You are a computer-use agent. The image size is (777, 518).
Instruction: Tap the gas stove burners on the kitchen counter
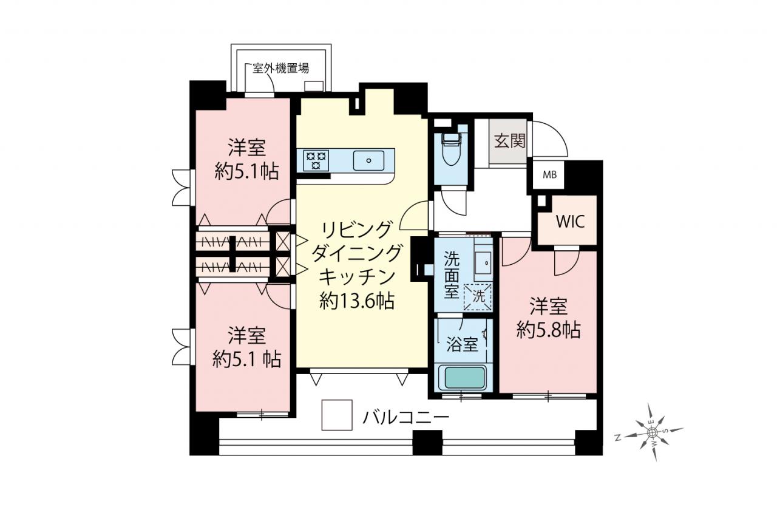pos(316,160)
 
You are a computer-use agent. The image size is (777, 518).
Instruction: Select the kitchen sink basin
pos(368,161)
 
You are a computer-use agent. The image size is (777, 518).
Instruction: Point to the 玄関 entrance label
pos(509,140)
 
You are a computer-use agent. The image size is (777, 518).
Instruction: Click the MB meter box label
pos(550,175)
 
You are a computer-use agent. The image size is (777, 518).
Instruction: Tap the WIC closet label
pos(570,222)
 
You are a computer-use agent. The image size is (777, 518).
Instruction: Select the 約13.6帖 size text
pos(357,301)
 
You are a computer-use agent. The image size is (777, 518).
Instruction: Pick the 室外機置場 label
pos(280,69)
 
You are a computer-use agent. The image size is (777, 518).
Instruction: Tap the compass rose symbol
pos(652,432)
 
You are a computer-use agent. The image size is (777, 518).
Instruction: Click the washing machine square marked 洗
pos(478,297)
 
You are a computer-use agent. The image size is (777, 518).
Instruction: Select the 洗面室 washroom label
pos(452,274)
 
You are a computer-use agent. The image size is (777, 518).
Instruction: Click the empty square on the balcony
pos(337,415)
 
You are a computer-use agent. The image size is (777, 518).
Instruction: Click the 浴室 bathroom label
pos(462,344)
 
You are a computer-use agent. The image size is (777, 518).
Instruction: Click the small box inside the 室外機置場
pos(314,86)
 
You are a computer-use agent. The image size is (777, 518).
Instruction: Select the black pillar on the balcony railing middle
pos(427,442)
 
